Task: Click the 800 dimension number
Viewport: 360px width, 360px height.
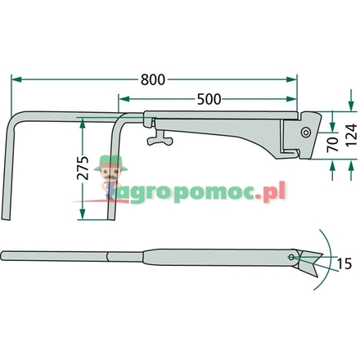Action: coord(154,80)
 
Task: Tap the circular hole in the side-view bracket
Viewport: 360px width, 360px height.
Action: coord(305,132)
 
